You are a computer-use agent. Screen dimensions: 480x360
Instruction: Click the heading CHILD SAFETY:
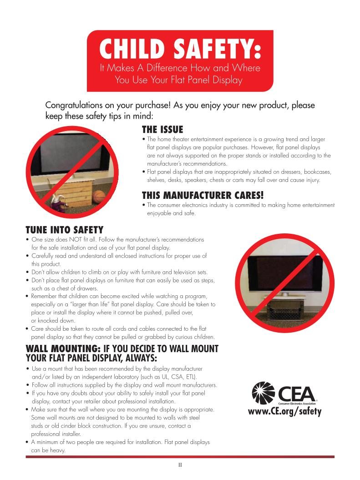(x=180, y=49)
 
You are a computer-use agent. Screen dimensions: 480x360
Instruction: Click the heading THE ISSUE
(x=162, y=130)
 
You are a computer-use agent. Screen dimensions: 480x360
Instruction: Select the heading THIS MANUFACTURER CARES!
(x=203, y=196)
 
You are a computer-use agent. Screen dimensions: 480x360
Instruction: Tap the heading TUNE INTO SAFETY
(x=65, y=230)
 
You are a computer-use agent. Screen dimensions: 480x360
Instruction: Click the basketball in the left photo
(x=99, y=197)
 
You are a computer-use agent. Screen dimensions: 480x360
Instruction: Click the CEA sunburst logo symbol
(x=264, y=393)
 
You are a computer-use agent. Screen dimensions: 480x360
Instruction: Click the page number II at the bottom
(x=180, y=465)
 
